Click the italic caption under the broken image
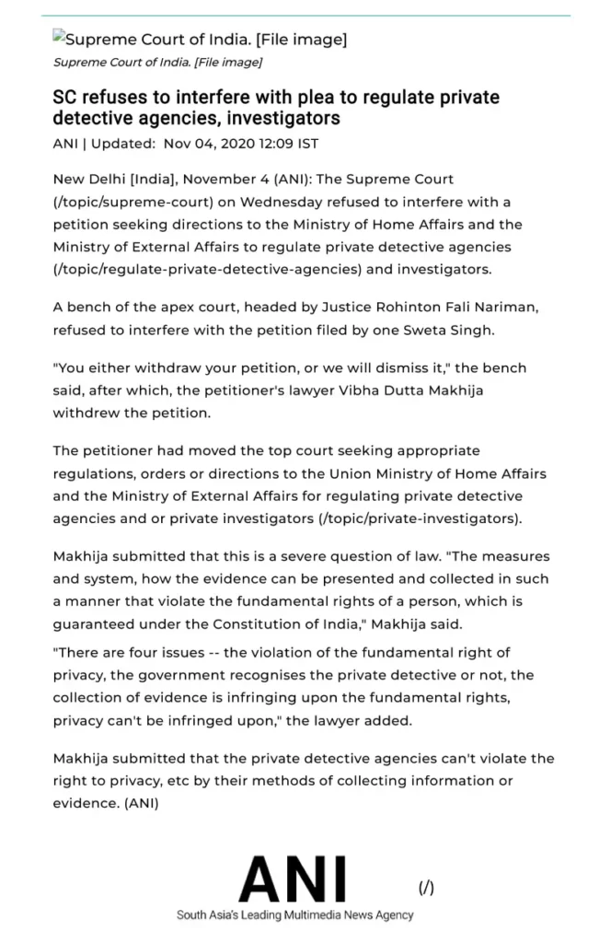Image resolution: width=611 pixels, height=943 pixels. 157,63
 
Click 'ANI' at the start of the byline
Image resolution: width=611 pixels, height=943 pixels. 65,144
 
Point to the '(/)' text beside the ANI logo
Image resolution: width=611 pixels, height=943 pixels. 426,888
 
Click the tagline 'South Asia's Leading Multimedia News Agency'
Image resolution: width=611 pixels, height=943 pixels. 294,915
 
